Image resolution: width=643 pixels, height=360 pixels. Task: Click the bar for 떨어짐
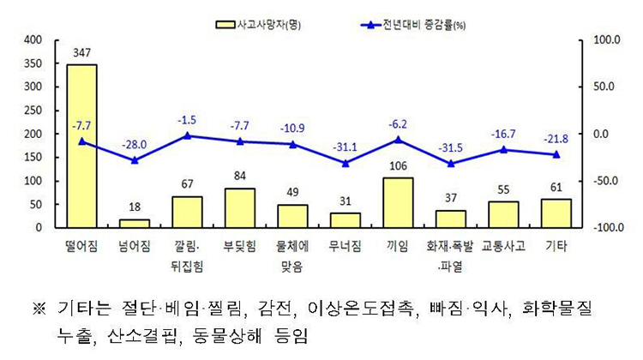(81, 146)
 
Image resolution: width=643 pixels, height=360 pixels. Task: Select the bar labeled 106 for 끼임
(398, 202)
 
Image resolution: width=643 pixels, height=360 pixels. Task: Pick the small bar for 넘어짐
(135, 224)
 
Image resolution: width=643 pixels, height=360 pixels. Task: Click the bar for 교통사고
(503, 214)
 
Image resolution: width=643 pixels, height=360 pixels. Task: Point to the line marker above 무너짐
(345, 163)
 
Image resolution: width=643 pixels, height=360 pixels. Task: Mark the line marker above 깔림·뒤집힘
(187, 135)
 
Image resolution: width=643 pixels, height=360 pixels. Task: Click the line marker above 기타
(556, 154)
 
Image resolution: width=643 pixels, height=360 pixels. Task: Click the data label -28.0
(135, 144)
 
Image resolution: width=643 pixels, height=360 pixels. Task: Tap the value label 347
(81, 53)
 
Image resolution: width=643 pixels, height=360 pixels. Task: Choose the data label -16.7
(503, 134)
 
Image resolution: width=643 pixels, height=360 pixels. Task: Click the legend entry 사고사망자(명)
(261, 25)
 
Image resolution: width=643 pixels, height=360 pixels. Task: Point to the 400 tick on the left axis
(33, 39)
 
